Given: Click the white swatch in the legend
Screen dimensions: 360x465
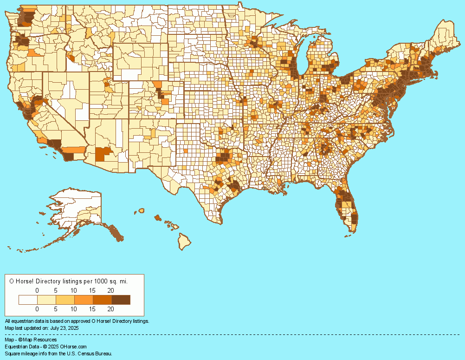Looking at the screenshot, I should (28, 300).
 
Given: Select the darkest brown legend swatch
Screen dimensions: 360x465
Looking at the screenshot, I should (121, 300).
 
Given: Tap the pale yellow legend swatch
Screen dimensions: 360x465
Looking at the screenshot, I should (46, 300).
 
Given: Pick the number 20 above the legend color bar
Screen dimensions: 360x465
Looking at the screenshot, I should (110, 290).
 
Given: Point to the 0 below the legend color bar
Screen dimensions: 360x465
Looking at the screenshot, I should (37, 308).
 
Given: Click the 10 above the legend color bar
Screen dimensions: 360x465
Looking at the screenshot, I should (74, 290).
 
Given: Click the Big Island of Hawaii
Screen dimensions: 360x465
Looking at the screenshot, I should (185, 241).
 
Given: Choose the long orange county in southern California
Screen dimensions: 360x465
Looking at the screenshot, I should (74, 150).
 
